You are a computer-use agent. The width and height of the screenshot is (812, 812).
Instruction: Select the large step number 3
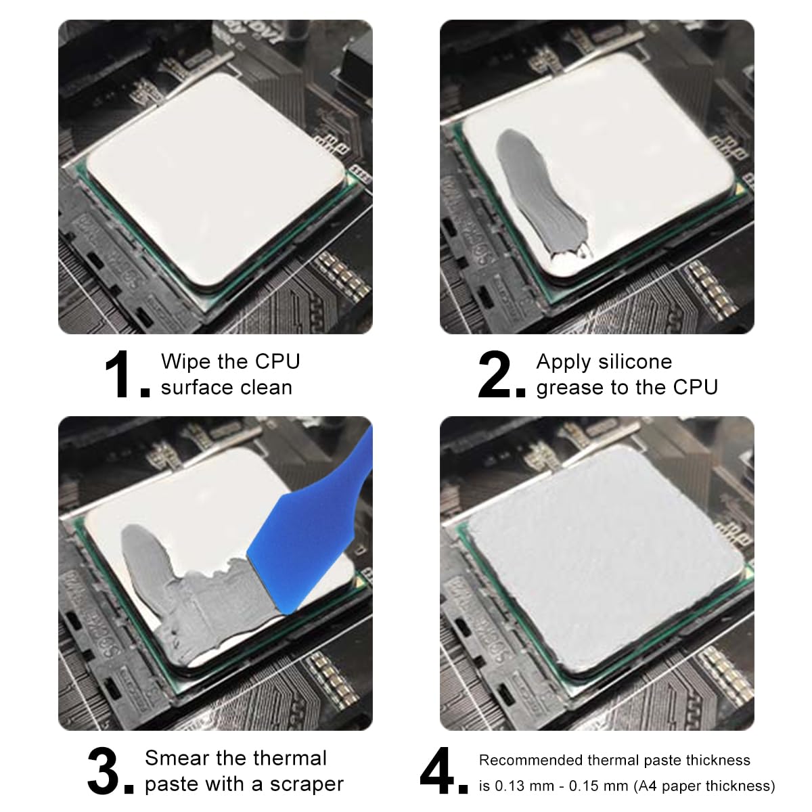click(x=104, y=771)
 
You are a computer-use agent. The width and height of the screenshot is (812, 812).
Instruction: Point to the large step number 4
click(x=438, y=771)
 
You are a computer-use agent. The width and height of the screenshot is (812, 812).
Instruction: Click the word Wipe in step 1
click(x=181, y=361)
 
